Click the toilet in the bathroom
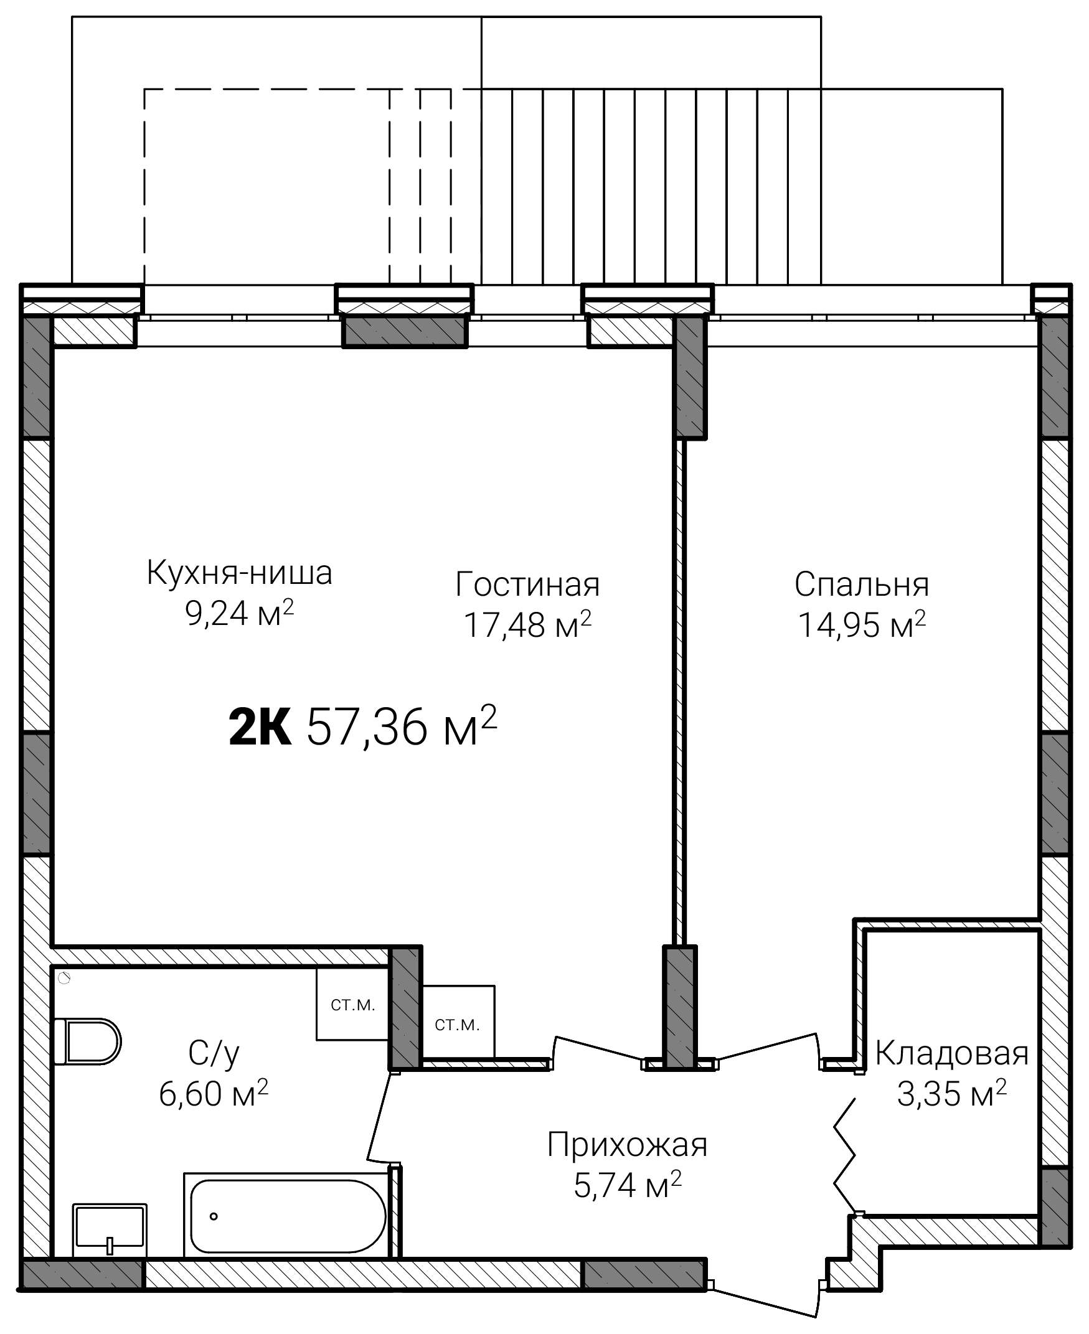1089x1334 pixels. [87, 1041]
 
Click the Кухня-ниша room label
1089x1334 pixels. [239, 573]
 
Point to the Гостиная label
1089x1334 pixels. [527, 584]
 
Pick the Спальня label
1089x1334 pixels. [861, 584]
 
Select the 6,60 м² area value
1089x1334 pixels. [214, 1093]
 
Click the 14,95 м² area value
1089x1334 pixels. [861, 624]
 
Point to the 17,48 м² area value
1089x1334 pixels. [527, 624]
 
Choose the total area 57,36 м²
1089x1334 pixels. [402, 726]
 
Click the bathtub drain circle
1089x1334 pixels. [214, 1216]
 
